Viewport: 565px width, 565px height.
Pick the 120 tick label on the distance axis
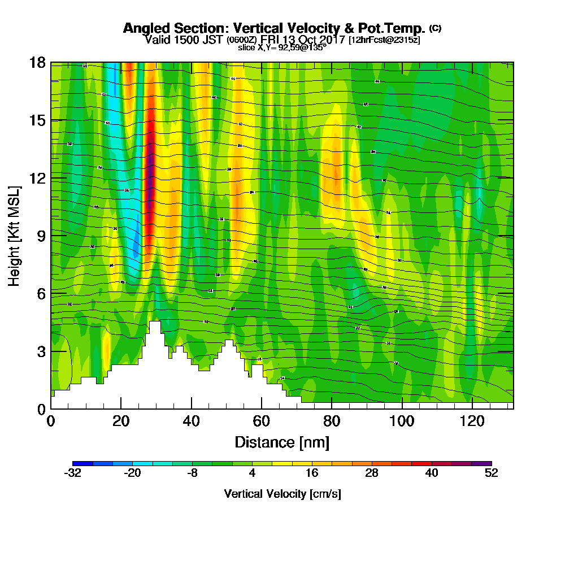pos(472,420)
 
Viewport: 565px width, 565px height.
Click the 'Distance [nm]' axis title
pos(282,441)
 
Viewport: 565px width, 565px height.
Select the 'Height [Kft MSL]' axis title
pos(14,235)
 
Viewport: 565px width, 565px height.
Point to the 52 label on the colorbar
pos(492,473)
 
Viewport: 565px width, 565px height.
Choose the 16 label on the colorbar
pos(312,473)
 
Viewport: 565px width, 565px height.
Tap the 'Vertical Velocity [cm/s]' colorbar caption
pos(282,494)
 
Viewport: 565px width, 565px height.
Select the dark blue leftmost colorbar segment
pos(80,463)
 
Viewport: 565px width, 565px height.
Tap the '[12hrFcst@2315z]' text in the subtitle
pos(384,40)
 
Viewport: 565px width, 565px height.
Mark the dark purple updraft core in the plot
pos(151,169)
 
